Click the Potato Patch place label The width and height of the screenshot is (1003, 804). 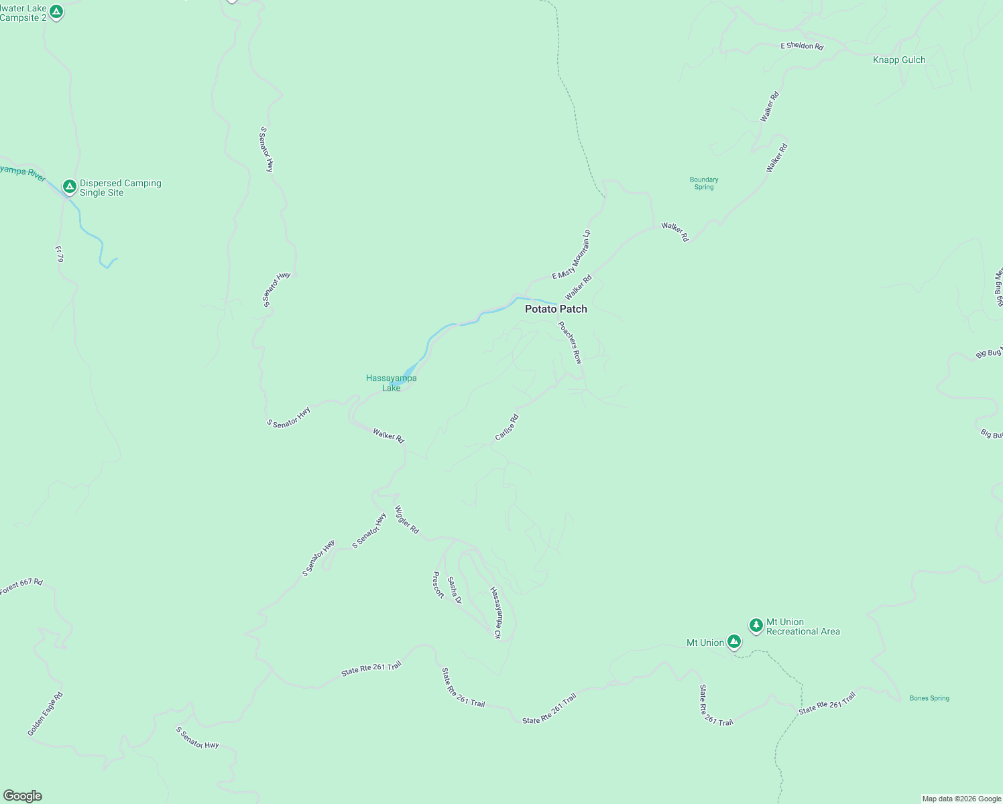[x=556, y=309]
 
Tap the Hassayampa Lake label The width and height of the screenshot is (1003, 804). [x=392, y=383]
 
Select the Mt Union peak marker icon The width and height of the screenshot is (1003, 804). [x=734, y=642]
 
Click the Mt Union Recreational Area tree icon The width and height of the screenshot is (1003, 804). [x=756, y=626]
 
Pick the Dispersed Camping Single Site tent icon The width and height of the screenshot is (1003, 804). [x=69, y=186]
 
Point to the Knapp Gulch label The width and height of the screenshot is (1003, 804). [x=899, y=60]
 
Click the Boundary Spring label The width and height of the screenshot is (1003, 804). [x=704, y=183]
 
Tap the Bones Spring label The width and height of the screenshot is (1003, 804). [x=929, y=698]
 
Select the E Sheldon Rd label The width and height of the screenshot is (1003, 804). [x=802, y=46]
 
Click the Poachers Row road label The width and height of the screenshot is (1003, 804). [x=571, y=342]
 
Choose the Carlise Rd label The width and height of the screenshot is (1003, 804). [x=506, y=427]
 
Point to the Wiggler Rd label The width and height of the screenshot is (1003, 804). [x=407, y=519]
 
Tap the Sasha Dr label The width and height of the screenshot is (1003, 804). [x=455, y=590]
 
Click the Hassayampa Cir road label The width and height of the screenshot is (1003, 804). [x=495, y=612]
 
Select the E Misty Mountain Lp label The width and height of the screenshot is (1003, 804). [x=571, y=255]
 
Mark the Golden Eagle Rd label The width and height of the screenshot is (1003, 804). [x=45, y=714]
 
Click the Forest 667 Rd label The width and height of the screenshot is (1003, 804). [x=21, y=586]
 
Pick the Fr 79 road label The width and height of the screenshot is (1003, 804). [x=59, y=253]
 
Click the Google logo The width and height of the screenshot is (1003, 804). [x=23, y=796]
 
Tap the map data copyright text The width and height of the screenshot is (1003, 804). [x=961, y=799]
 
